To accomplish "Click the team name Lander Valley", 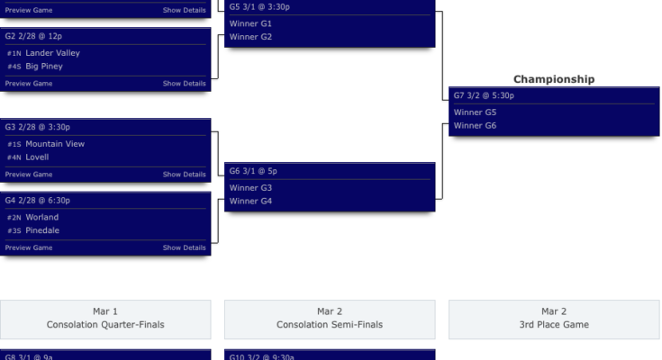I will (x=52, y=53).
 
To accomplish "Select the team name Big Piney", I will (x=43, y=66).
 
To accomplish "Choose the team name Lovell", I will (x=37, y=157).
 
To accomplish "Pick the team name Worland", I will (x=41, y=217).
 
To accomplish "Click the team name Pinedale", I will (x=42, y=230).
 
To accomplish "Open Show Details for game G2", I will (x=184, y=84).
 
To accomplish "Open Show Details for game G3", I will (x=184, y=175).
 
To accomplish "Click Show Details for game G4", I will (x=184, y=247).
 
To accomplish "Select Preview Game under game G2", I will (x=29, y=84).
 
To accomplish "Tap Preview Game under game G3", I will (x=29, y=175).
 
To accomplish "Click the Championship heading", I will (x=554, y=79).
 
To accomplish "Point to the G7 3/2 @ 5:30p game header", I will (x=485, y=95).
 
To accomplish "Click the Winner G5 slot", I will (x=475, y=112).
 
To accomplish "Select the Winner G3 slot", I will (x=250, y=187).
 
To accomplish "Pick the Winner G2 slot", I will (x=250, y=37).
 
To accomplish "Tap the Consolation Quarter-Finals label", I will (x=105, y=324).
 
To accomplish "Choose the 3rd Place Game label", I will (x=554, y=324).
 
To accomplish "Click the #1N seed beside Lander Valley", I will (x=14, y=54).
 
